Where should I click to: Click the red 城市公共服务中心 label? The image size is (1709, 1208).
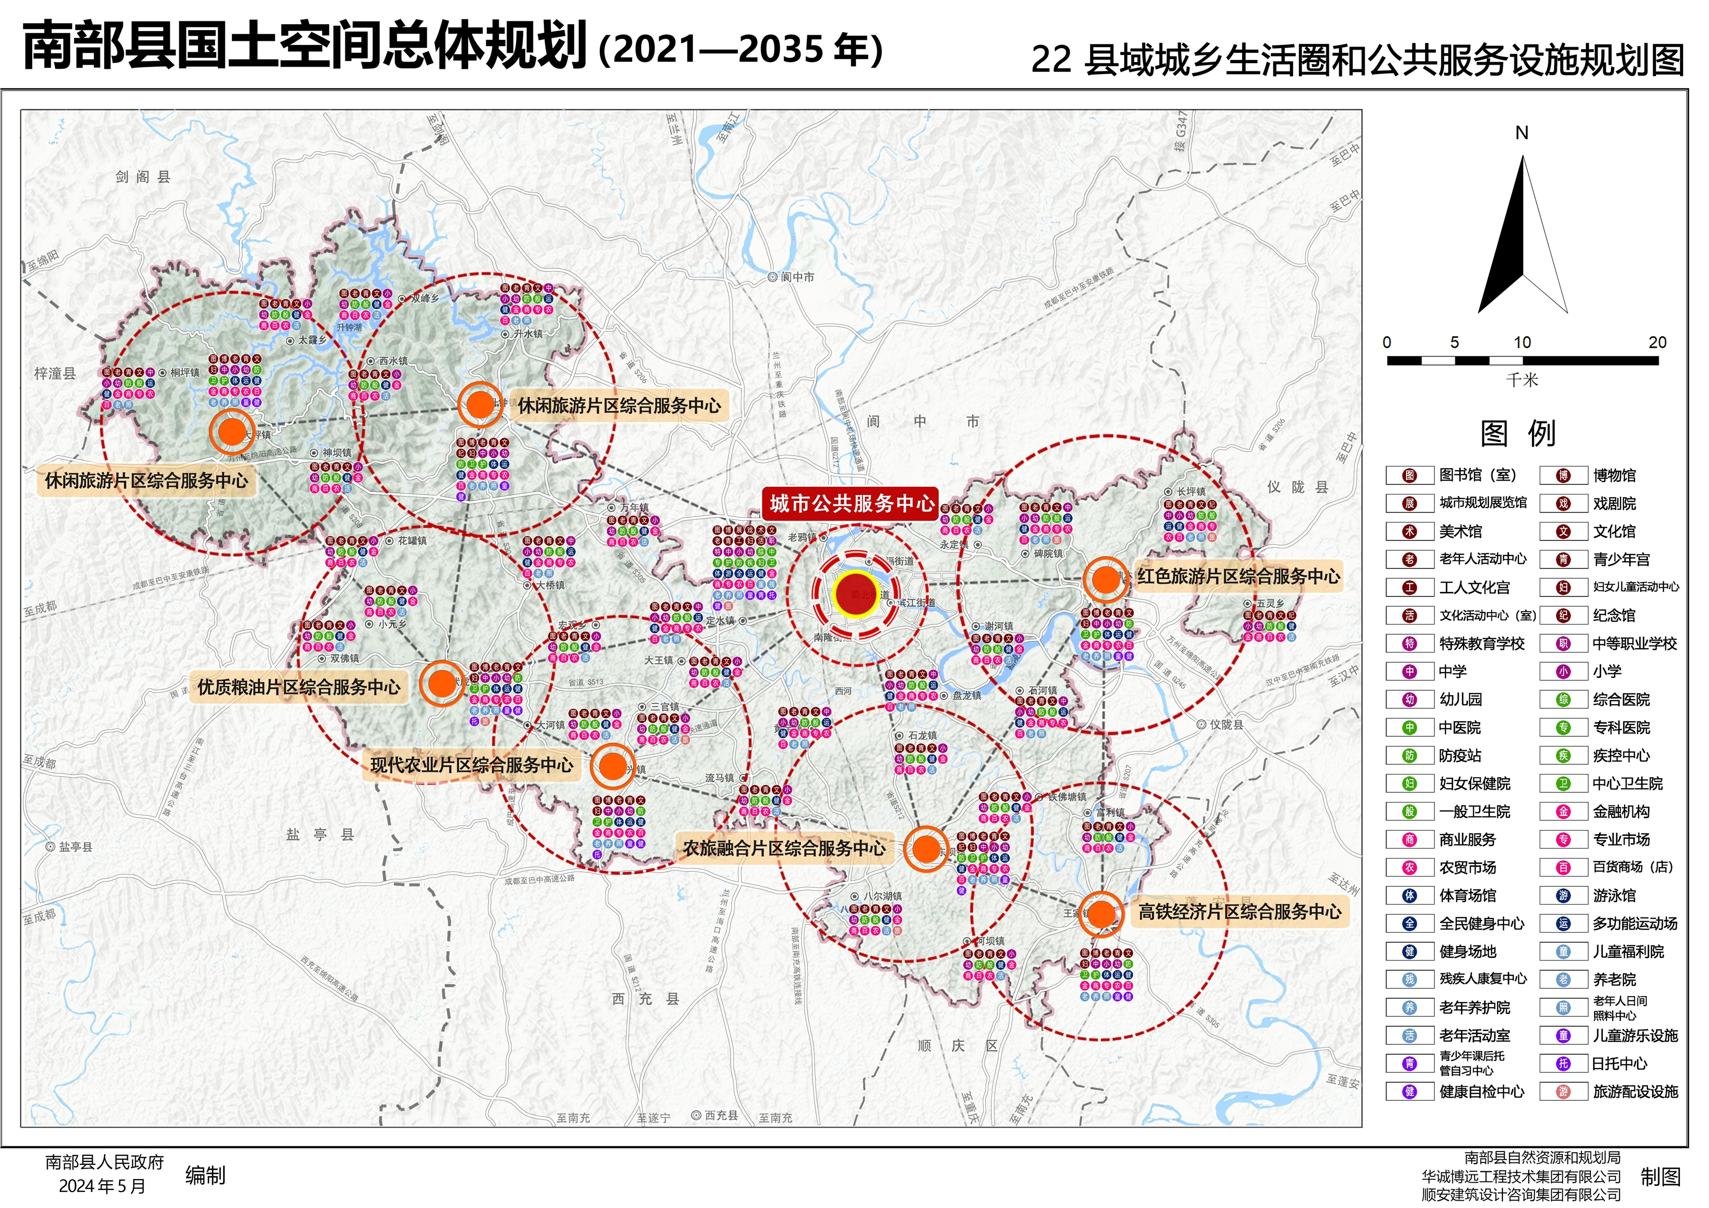[851, 504]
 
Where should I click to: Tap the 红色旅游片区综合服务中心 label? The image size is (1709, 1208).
[1239, 576]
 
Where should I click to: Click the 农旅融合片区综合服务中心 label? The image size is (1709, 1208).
[785, 848]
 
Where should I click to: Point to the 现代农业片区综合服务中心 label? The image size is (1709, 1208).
[472, 764]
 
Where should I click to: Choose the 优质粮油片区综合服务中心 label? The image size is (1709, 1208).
[298, 686]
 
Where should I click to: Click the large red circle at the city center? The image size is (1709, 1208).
[856, 594]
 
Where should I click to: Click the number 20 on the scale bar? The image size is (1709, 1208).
[1657, 342]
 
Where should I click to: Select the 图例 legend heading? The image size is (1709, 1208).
[1518, 433]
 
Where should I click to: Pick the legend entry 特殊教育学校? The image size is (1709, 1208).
[1481, 644]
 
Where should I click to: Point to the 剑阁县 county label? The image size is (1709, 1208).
[143, 177]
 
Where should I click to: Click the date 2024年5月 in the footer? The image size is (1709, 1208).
[102, 1186]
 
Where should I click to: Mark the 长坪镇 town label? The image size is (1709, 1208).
[1190, 491]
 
